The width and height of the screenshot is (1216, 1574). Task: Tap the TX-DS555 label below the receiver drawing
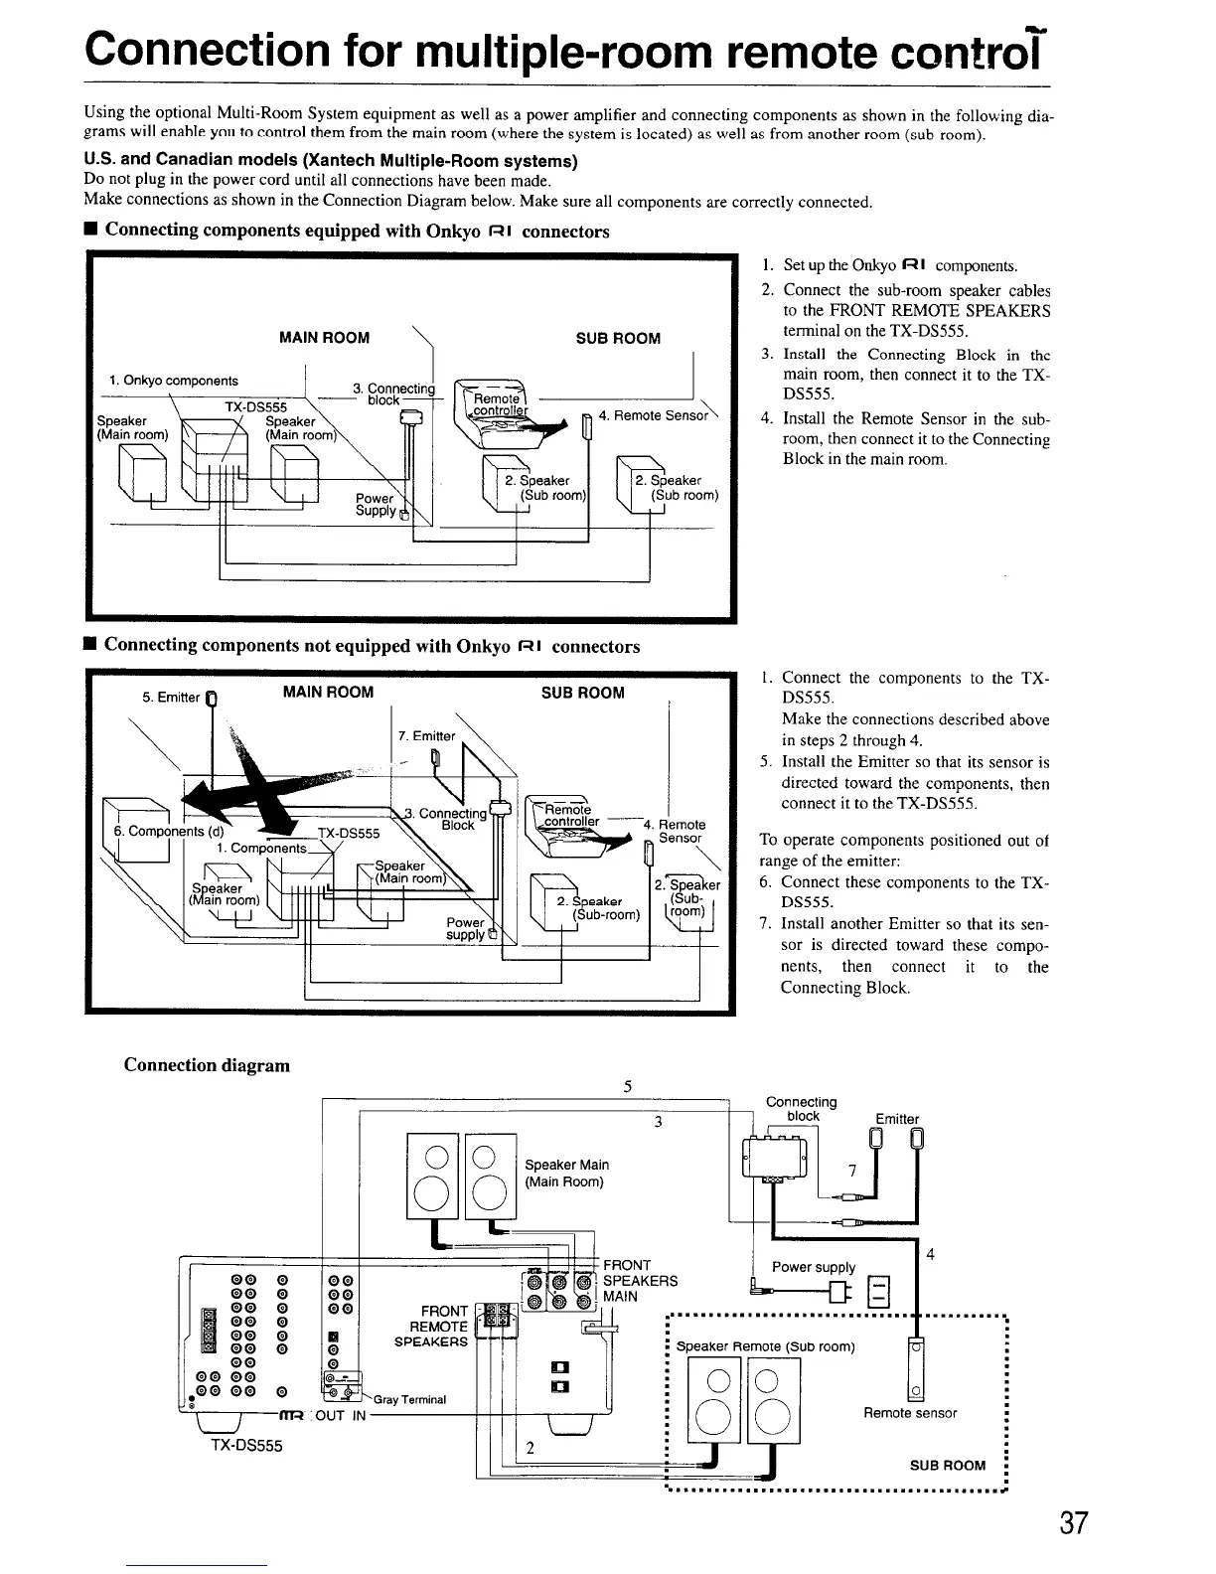(x=246, y=1446)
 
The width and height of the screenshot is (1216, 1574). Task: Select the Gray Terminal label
(x=409, y=1399)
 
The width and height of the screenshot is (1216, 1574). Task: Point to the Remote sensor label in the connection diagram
(x=909, y=1413)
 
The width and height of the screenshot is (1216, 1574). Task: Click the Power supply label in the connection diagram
(x=814, y=1267)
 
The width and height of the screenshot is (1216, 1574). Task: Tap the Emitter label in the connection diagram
(x=897, y=1119)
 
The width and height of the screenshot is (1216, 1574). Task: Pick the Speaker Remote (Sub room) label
(x=765, y=1347)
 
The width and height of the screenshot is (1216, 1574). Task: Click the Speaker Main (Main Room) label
(x=566, y=1173)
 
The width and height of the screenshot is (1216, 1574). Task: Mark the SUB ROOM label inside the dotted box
(x=948, y=1465)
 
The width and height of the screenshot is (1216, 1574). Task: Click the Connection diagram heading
(x=207, y=1065)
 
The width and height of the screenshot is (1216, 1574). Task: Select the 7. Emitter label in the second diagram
(x=425, y=736)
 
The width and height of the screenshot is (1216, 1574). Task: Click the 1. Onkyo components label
(x=174, y=381)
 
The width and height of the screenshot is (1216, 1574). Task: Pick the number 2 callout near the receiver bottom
(x=531, y=1447)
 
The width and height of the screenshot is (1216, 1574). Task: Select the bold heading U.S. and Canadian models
(x=331, y=161)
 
